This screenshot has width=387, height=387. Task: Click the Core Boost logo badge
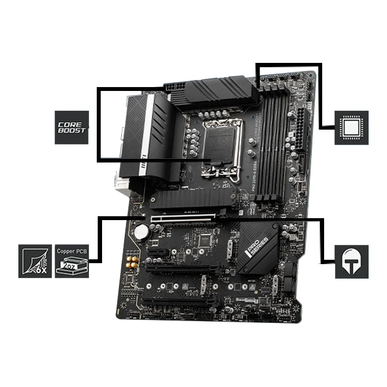[x=72, y=127]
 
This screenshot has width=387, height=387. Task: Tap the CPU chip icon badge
[x=352, y=128]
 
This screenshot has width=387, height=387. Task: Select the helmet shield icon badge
[x=352, y=261]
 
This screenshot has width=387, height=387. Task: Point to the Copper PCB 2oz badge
[x=72, y=261]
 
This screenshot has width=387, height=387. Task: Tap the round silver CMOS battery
[x=142, y=232]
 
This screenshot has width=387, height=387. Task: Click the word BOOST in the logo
[x=72, y=131]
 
